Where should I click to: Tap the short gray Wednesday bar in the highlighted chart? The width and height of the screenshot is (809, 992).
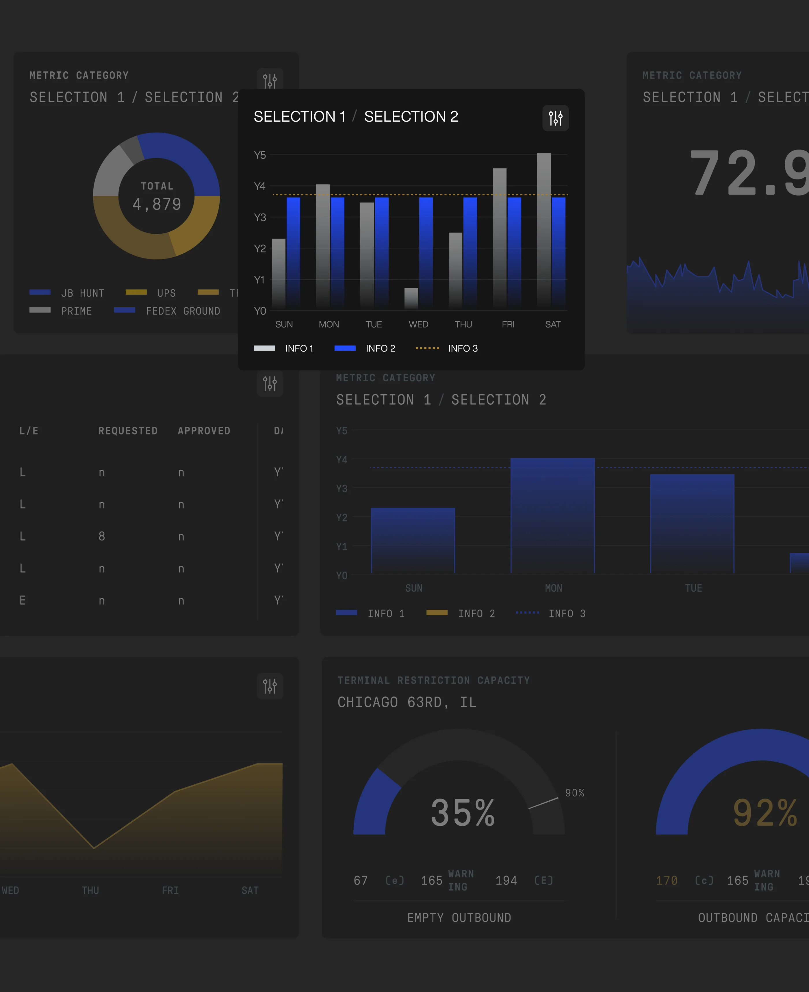click(x=411, y=298)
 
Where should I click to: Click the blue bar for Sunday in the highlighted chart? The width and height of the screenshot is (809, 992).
click(x=293, y=252)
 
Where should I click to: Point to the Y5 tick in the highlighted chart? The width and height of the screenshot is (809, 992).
click(x=259, y=155)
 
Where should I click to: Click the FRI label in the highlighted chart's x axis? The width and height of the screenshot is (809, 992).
click(x=508, y=324)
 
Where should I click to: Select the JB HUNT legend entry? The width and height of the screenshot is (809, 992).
click(x=67, y=293)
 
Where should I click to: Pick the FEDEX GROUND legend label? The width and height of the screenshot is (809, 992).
click(x=183, y=311)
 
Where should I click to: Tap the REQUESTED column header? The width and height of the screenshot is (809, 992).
click(x=128, y=431)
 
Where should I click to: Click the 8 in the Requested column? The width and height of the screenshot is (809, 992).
click(x=102, y=536)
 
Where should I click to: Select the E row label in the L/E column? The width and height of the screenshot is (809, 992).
click(x=22, y=600)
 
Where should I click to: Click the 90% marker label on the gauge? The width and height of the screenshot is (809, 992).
click(x=575, y=793)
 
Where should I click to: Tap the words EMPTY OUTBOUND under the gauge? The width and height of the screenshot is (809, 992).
click(x=459, y=918)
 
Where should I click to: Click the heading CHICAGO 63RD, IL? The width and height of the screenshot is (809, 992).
click(x=407, y=702)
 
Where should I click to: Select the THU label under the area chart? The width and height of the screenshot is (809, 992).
click(x=90, y=890)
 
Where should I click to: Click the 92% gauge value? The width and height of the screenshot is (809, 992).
click(x=765, y=813)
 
